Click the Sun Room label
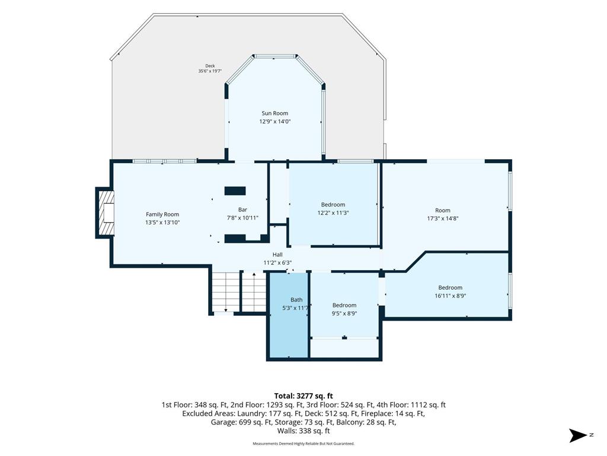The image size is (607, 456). tap(275, 113)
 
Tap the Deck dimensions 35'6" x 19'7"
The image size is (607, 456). tap(210, 71)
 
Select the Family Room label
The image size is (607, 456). tap(162, 214)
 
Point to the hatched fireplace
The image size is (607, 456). tap(106, 213)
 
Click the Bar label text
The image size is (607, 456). tap(242, 210)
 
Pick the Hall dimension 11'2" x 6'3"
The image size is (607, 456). tap(277, 262)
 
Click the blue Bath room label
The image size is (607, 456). tap(296, 300)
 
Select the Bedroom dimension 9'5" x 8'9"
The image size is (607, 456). tap(344, 313)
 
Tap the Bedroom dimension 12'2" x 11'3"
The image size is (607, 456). tap(333, 213)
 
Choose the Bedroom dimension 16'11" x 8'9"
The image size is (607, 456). tap(451, 296)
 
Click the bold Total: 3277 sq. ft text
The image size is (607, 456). tap(303, 396)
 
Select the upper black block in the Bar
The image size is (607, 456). tap(235, 191)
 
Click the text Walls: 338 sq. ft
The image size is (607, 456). tap(303, 431)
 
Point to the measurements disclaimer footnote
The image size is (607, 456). tap(303, 444)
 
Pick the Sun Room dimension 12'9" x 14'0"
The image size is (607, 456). tap(275, 121)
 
